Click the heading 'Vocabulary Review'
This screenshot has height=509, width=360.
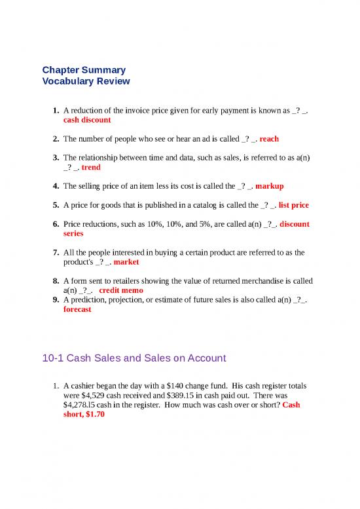(86, 81)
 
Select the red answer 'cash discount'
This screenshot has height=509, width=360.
(87, 121)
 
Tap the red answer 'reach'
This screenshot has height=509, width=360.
(269, 139)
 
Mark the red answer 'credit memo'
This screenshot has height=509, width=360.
(122, 290)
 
